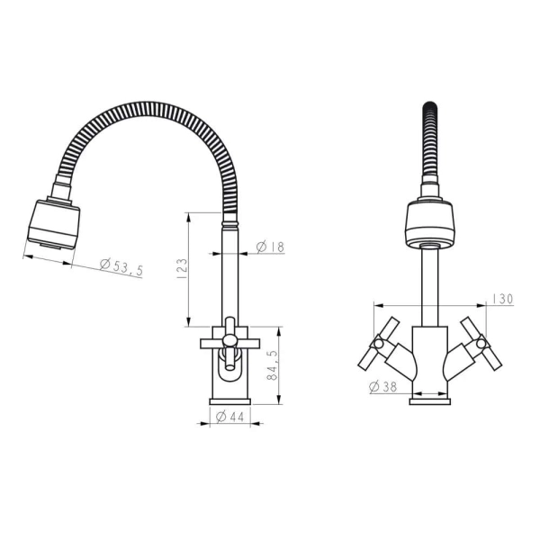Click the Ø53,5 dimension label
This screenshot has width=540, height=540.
click(x=121, y=266)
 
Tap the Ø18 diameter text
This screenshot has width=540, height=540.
click(x=271, y=247)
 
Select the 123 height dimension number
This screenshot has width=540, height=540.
click(x=182, y=268)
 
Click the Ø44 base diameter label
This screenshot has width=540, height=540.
click(x=229, y=417)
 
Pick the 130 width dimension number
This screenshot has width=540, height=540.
click(x=502, y=299)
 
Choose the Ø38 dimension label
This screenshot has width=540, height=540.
click(x=382, y=387)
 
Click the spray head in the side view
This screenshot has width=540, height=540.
click(x=54, y=223)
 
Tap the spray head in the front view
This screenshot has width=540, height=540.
click(x=430, y=224)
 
